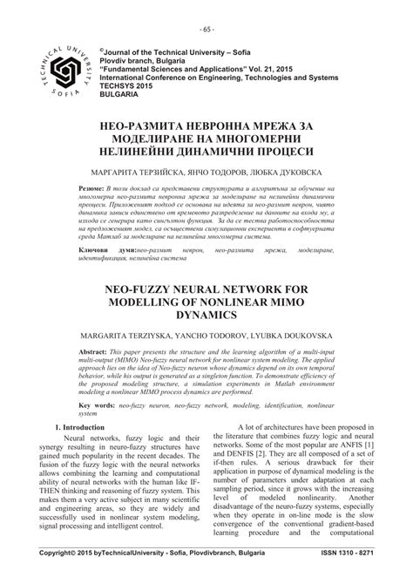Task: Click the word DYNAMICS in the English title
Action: [206, 309]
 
